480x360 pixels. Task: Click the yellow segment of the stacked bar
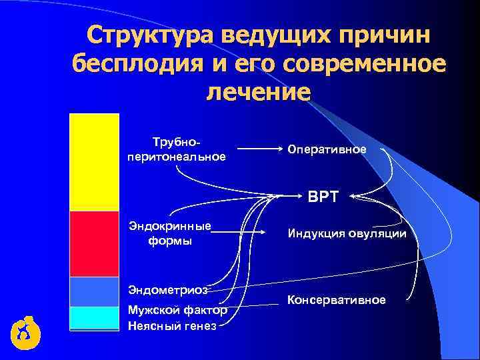tap(94, 162)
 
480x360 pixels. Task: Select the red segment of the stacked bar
tap(94, 243)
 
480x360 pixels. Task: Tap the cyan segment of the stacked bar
tap(94, 317)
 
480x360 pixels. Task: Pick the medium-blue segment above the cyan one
tap(94, 291)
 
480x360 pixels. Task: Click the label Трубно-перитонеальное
tap(176, 150)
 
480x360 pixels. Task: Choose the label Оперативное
tap(327, 149)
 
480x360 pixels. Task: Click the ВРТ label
tap(323, 197)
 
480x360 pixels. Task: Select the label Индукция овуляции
tap(347, 234)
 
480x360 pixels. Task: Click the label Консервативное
tap(336, 300)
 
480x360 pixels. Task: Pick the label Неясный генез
tap(172, 325)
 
